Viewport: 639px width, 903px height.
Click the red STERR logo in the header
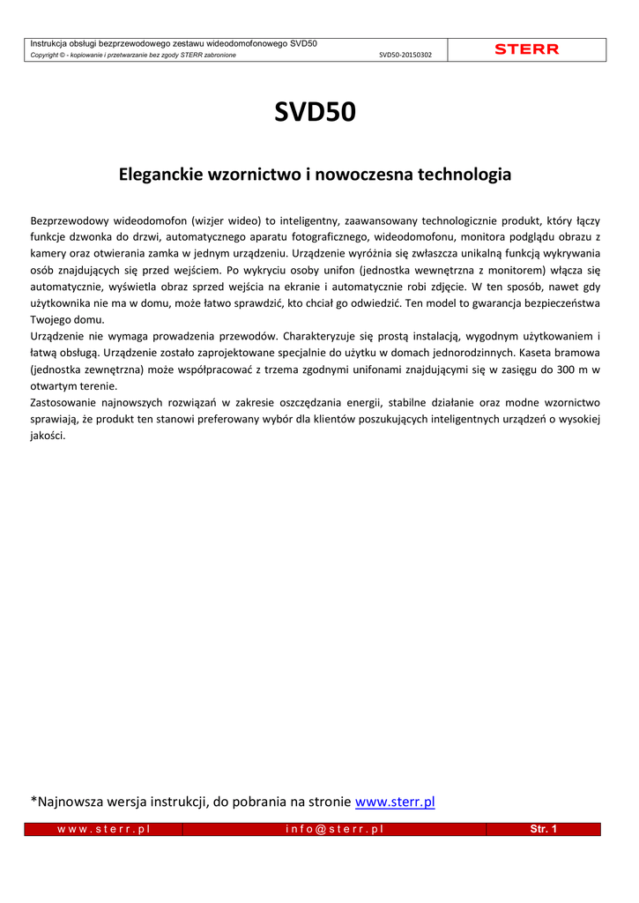[526, 49]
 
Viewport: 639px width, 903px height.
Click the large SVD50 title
[315, 113]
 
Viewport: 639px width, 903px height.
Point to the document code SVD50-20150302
[405, 55]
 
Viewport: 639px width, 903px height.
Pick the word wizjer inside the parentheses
[212, 220]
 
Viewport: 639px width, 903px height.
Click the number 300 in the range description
[555, 369]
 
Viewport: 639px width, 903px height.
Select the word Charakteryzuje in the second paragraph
[323, 336]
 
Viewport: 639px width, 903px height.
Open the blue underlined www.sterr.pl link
[394, 802]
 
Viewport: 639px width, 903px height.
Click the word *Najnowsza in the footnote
[71, 802]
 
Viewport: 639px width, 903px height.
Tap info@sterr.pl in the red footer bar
[334, 830]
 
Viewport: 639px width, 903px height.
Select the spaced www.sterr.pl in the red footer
[103, 830]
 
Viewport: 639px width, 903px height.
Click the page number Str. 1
[543, 830]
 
